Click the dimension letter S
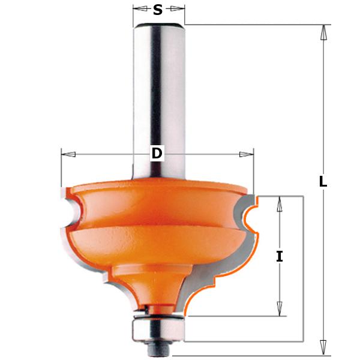[x=158, y=10]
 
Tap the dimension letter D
[x=157, y=154]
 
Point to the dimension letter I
[x=279, y=256]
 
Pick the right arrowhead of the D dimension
[x=247, y=154]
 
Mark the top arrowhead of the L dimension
[x=323, y=32]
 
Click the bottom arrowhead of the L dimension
[x=323, y=346]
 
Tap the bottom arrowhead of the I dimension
[x=278, y=308]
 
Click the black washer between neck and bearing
[x=158, y=312]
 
